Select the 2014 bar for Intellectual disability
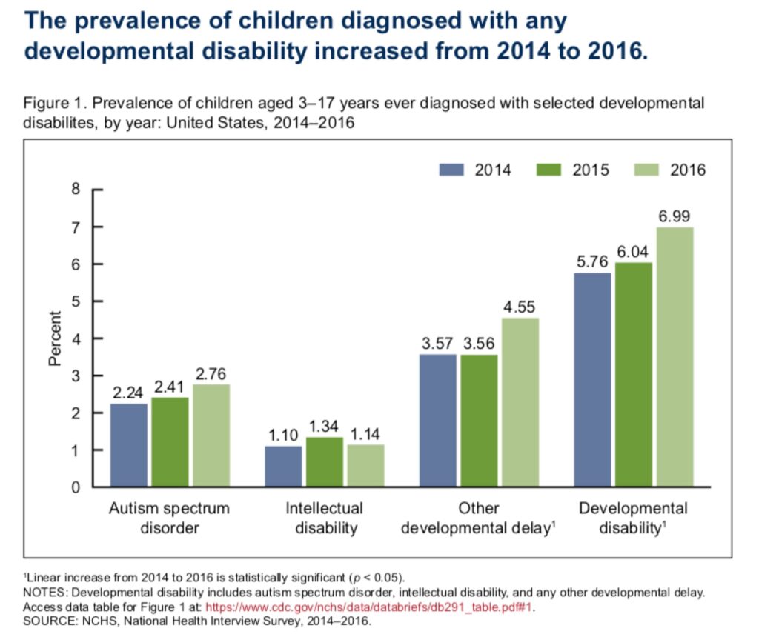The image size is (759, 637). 284,467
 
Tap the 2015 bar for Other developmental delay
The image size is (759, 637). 479,421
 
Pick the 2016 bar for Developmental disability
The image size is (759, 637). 675,357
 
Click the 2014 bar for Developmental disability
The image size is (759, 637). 592,380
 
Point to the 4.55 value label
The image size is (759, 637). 520,307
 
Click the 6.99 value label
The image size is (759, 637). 675,216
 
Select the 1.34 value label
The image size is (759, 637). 325,426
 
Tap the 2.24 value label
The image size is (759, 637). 129,393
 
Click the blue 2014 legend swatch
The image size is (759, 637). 451,170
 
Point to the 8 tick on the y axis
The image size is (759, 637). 75,190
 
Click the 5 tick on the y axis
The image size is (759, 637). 75,301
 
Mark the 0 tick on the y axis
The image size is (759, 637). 75,488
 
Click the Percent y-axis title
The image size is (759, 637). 54,338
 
